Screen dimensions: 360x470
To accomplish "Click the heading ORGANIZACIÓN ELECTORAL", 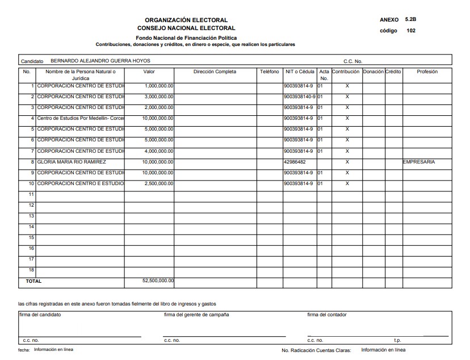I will point(186,20).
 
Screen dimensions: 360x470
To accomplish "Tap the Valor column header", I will point(149,72).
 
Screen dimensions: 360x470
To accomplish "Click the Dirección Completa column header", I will point(215,72).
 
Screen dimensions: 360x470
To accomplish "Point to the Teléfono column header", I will point(270,72).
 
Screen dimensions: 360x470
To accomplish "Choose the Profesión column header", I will point(427,72).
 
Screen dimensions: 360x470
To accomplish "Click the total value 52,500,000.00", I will point(158,281).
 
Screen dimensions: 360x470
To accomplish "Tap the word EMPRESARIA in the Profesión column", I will point(419,162).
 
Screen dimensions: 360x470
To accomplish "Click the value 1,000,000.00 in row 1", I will point(159,86).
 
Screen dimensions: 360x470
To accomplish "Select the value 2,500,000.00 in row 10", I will point(159,183).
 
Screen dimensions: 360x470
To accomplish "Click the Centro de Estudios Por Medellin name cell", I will point(80,119).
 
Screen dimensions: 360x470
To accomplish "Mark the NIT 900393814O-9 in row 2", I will point(299,97).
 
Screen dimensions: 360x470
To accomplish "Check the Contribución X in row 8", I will point(347,162).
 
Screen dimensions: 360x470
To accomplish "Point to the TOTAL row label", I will point(33,281).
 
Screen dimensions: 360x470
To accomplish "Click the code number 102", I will point(411,31).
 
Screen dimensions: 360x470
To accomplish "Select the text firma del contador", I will point(327,315).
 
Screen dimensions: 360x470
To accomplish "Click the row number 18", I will point(32,270).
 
